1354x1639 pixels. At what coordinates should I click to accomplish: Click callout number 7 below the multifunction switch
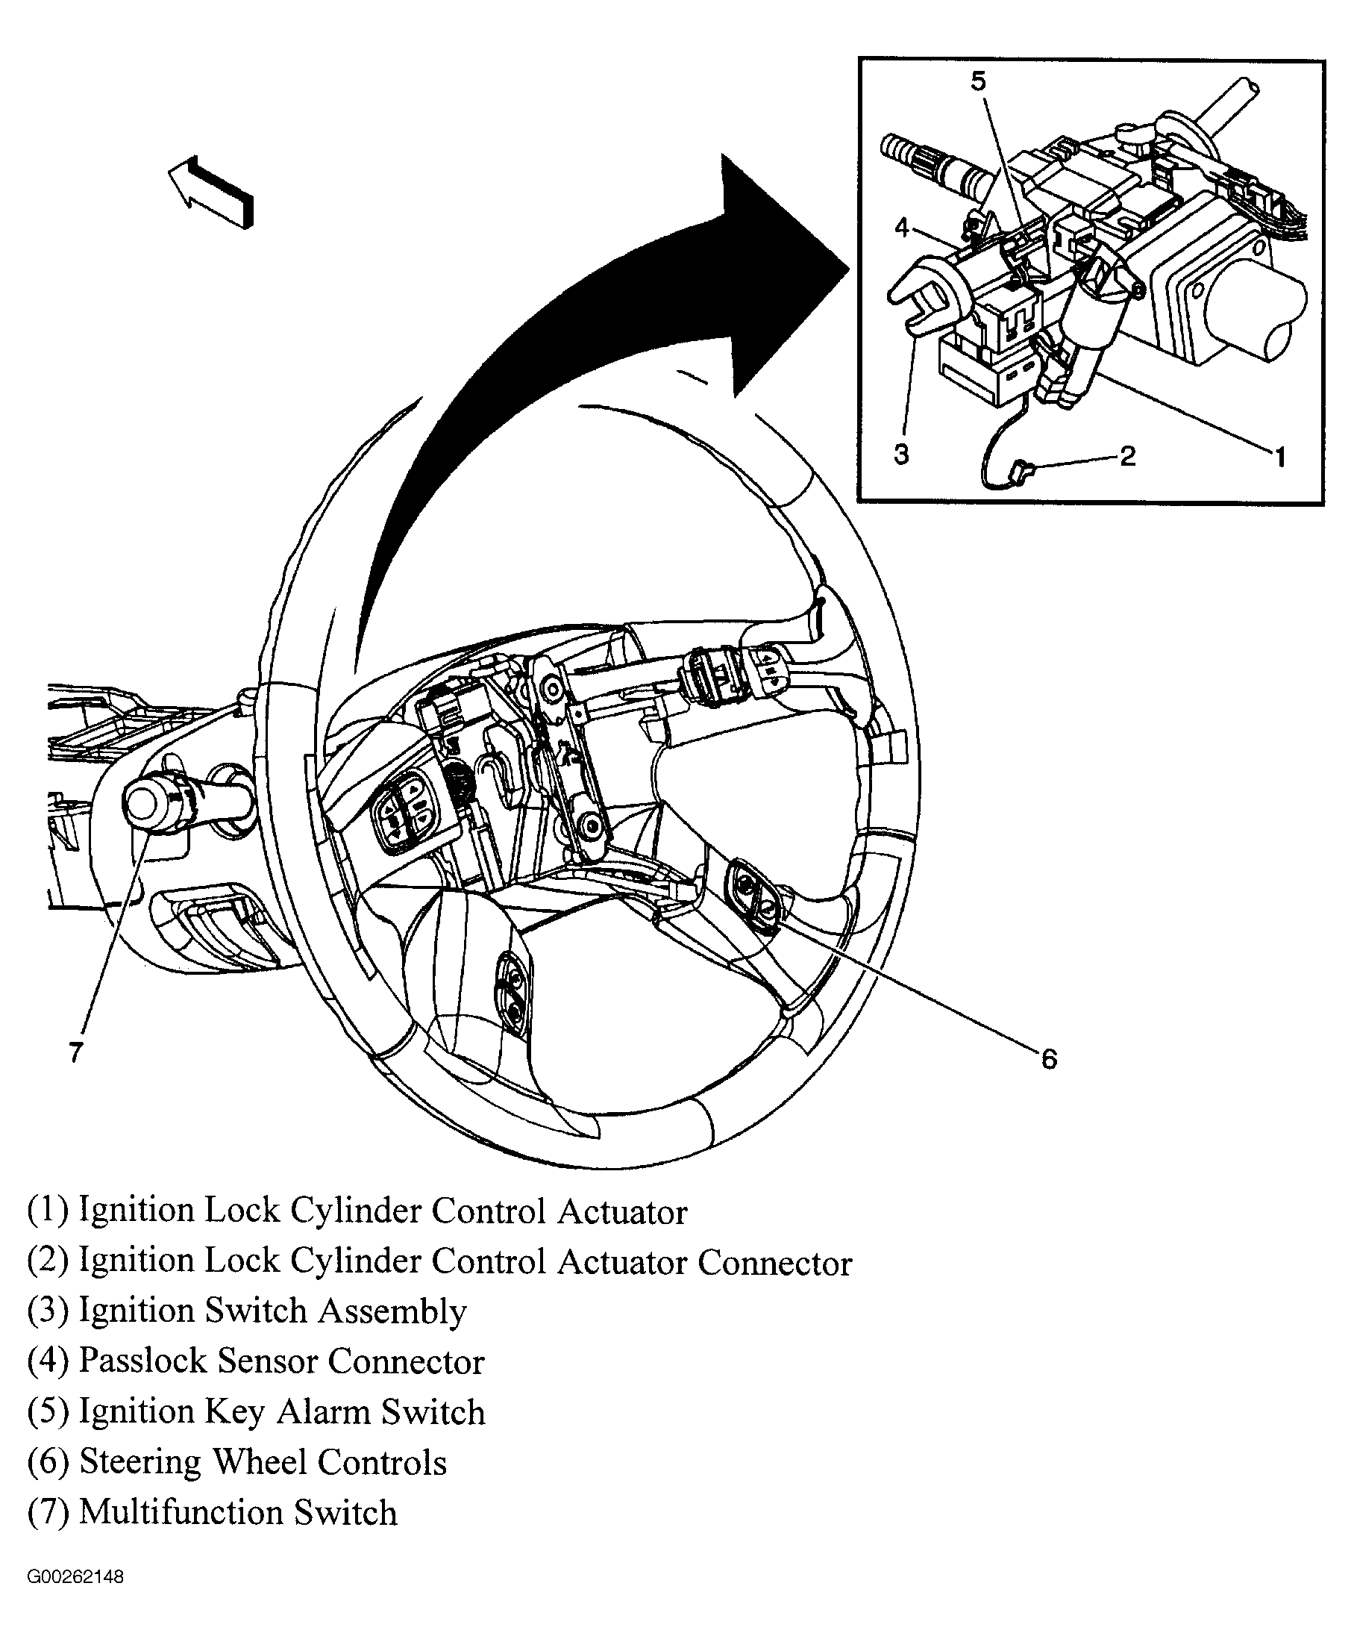pyautogui.click(x=75, y=1052)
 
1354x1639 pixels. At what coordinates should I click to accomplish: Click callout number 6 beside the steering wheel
pyautogui.click(x=1049, y=1058)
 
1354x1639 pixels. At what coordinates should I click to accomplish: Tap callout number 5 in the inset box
pyautogui.click(x=978, y=81)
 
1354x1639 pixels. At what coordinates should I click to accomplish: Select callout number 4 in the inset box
pyautogui.click(x=902, y=228)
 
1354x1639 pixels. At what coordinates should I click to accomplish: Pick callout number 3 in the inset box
pyautogui.click(x=902, y=454)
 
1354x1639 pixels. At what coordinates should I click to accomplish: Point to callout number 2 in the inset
pyautogui.click(x=1128, y=455)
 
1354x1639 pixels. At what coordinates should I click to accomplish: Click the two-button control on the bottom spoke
pyautogui.click(x=514, y=993)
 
